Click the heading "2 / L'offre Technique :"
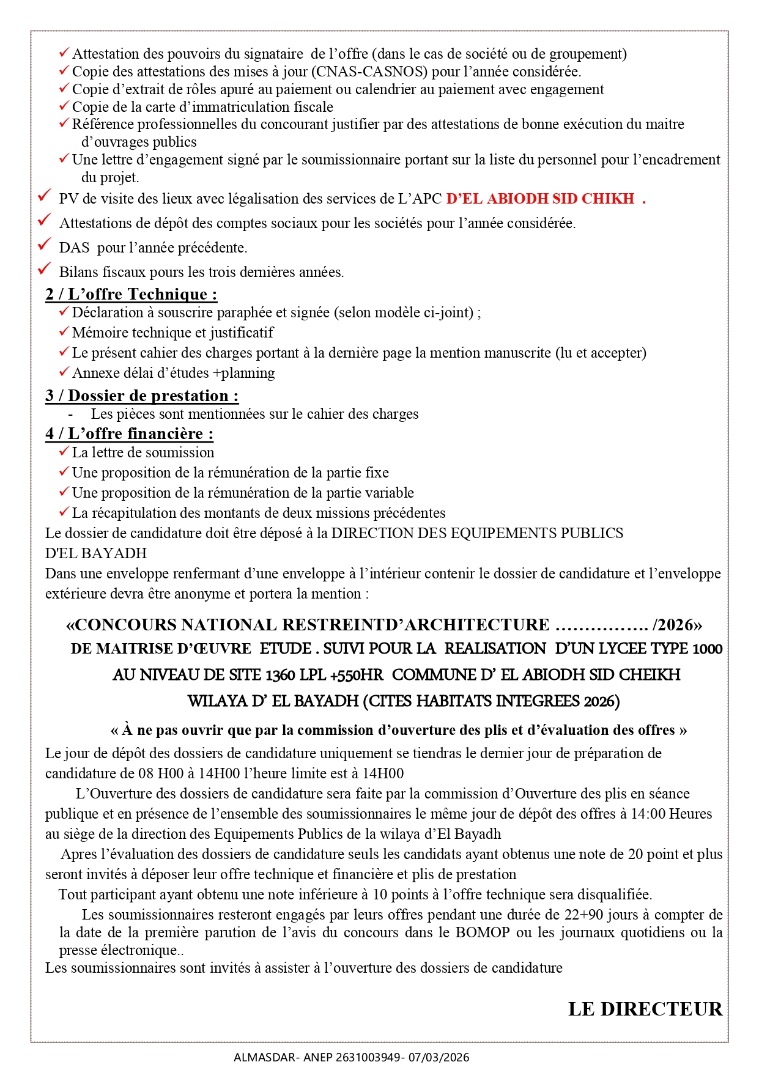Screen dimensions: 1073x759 pos(131,295)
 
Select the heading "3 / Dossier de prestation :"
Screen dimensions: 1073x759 pos(142,396)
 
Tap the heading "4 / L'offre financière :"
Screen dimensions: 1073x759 pos(129,434)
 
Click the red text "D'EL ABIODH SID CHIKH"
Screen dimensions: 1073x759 pos(540,199)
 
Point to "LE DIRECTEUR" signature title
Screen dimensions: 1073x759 pos(645,1009)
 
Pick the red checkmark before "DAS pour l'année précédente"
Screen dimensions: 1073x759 pos(44,245)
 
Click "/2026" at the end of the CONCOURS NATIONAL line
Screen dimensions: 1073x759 pos(676,625)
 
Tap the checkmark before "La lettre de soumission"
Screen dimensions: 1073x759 pos(64,452)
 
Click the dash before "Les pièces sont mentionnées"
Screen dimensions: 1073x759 pos(71,415)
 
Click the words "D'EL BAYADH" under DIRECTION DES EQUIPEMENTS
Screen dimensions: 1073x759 pos(96,553)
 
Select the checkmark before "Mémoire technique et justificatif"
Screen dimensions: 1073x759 pos(64,332)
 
